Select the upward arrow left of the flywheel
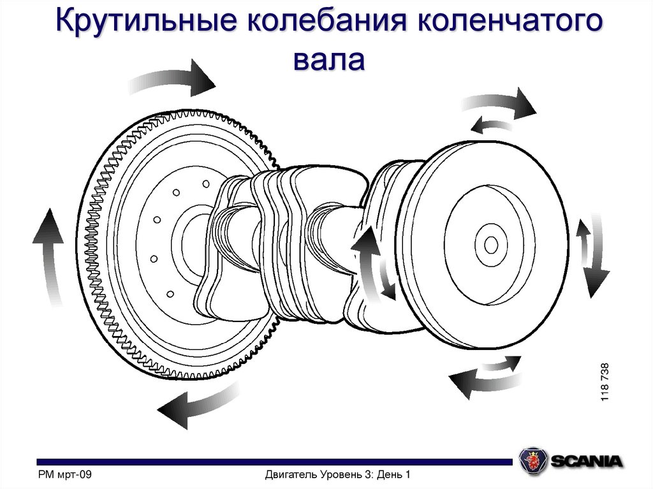click(48, 255)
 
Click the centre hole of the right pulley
click(491, 245)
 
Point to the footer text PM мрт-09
click(66, 474)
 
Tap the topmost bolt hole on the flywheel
click(206, 184)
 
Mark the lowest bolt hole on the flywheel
click(170, 294)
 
